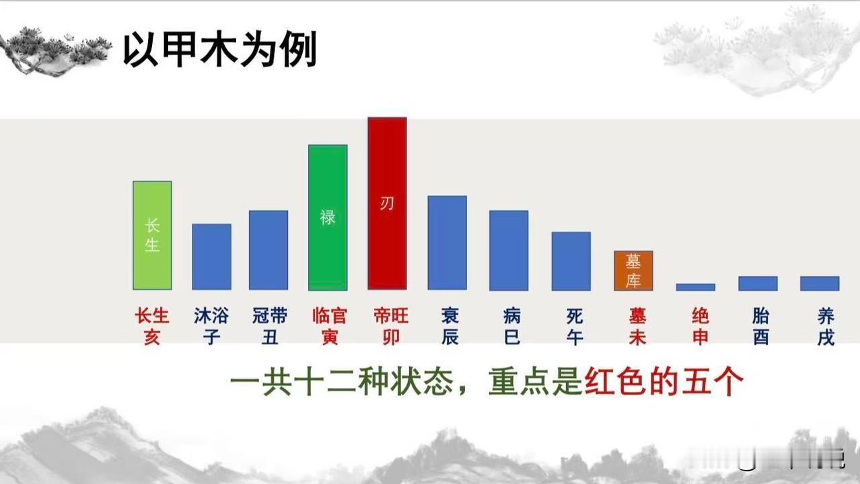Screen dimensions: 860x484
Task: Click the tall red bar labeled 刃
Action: click(x=387, y=203)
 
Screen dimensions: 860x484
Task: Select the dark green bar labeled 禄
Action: click(x=328, y=217)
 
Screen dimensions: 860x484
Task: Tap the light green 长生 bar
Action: click(x=153, y=235)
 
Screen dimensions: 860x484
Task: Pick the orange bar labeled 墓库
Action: click(x=633, y=271)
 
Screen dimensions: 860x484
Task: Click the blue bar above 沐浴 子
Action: click(x=211, y=257)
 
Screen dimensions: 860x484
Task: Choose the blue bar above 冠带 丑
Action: click(x=268, y=250)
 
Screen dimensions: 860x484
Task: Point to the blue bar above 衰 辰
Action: click(x=447, y=243)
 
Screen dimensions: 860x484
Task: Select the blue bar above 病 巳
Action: click(x=509, y=251)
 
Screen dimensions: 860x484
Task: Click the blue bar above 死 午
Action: click(x=571, y=261)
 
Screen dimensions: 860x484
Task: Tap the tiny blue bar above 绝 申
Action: click(x=696, y=287)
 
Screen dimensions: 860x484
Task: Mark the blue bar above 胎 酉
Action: click(x=758, y=284)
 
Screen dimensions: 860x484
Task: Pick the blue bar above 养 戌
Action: click(x=820, y=284)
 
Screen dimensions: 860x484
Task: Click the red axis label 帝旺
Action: click(x=391, y=317)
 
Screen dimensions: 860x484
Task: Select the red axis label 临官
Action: click(x=330, y=317)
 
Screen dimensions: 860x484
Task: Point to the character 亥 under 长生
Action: click(x=152, y=337)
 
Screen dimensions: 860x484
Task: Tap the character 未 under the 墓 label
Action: click(x=637, y=337)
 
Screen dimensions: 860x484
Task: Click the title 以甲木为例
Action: click(x=220, y=49)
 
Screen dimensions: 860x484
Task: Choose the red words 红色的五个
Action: click(x=664, y=382)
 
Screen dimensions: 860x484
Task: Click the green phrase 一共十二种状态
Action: click(x=341, y=382)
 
